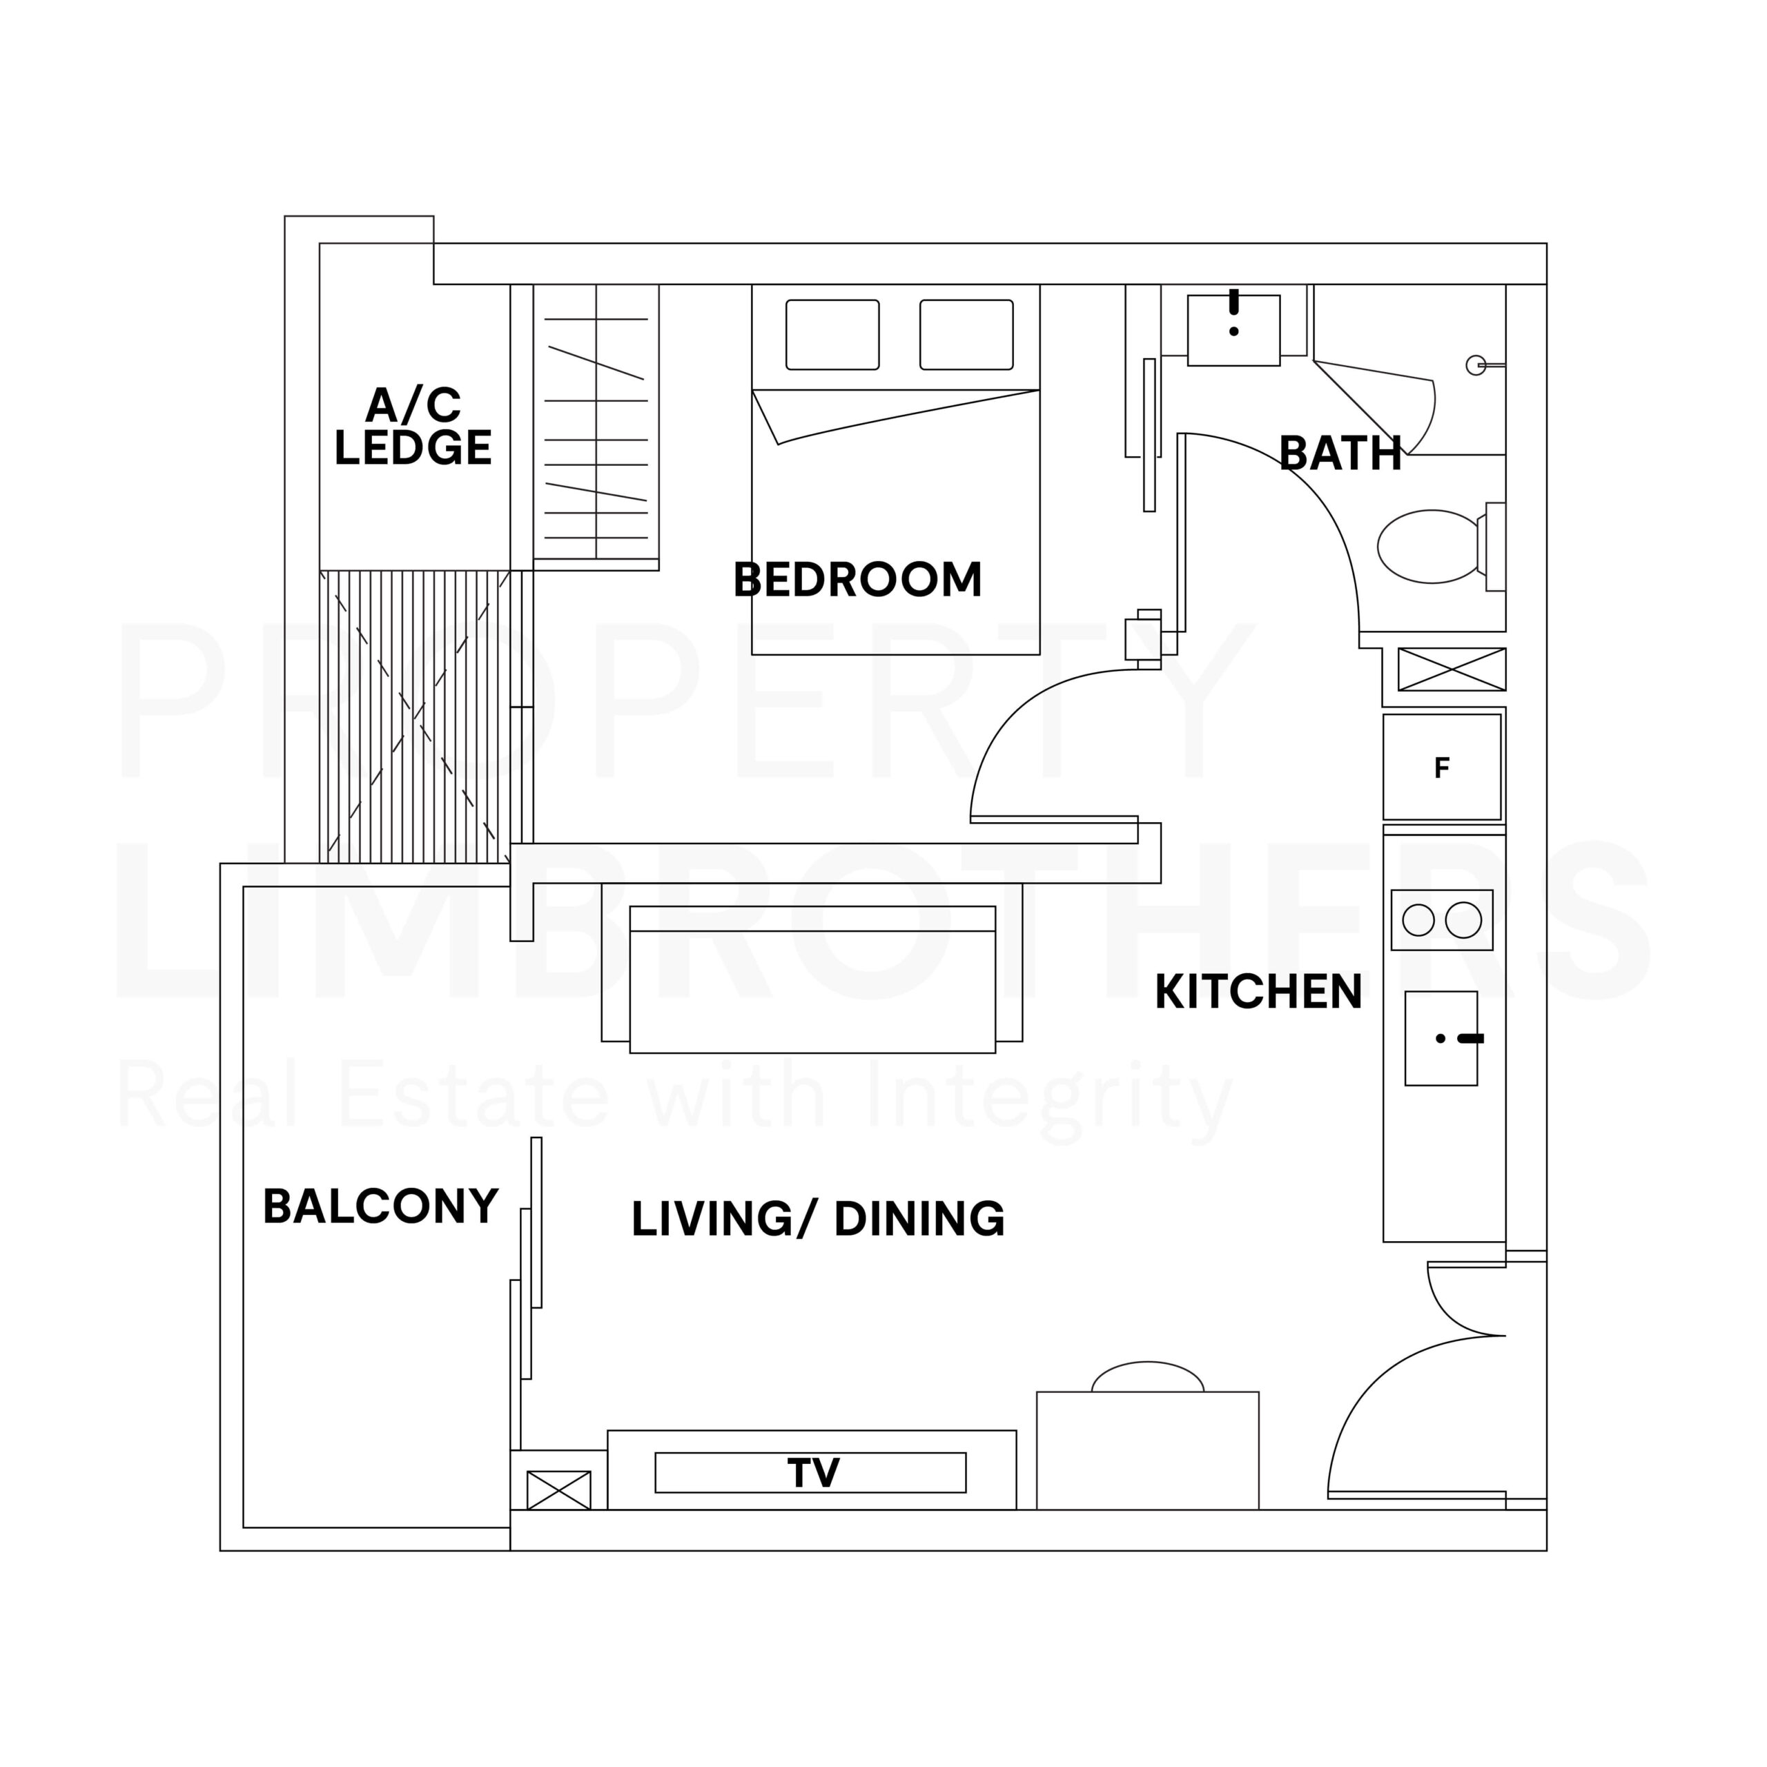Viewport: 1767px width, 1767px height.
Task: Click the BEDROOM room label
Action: click(858, 580)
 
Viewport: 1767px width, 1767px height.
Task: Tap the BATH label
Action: click(1340, 453)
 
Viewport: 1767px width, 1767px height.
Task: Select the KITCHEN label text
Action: click(1258, 993)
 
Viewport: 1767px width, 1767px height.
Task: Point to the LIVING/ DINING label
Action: click(818, 1219)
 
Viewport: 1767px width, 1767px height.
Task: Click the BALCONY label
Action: click(380, 1207)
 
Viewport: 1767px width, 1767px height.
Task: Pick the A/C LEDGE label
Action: click(413, 426)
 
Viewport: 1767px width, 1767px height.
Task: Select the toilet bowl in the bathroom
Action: click(1432, 546)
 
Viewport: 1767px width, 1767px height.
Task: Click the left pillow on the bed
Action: click(832, 335)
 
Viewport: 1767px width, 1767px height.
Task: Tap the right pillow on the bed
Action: click(967, 335)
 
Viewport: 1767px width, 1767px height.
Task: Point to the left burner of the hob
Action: click(1418, 920)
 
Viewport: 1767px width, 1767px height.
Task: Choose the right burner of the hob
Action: click(1463, 920)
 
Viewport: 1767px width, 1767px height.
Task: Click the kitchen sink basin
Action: click(1441, 1038)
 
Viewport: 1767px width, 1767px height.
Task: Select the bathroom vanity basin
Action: click(1233, 330)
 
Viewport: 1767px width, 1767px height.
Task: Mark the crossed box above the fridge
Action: click(1452, 670)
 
